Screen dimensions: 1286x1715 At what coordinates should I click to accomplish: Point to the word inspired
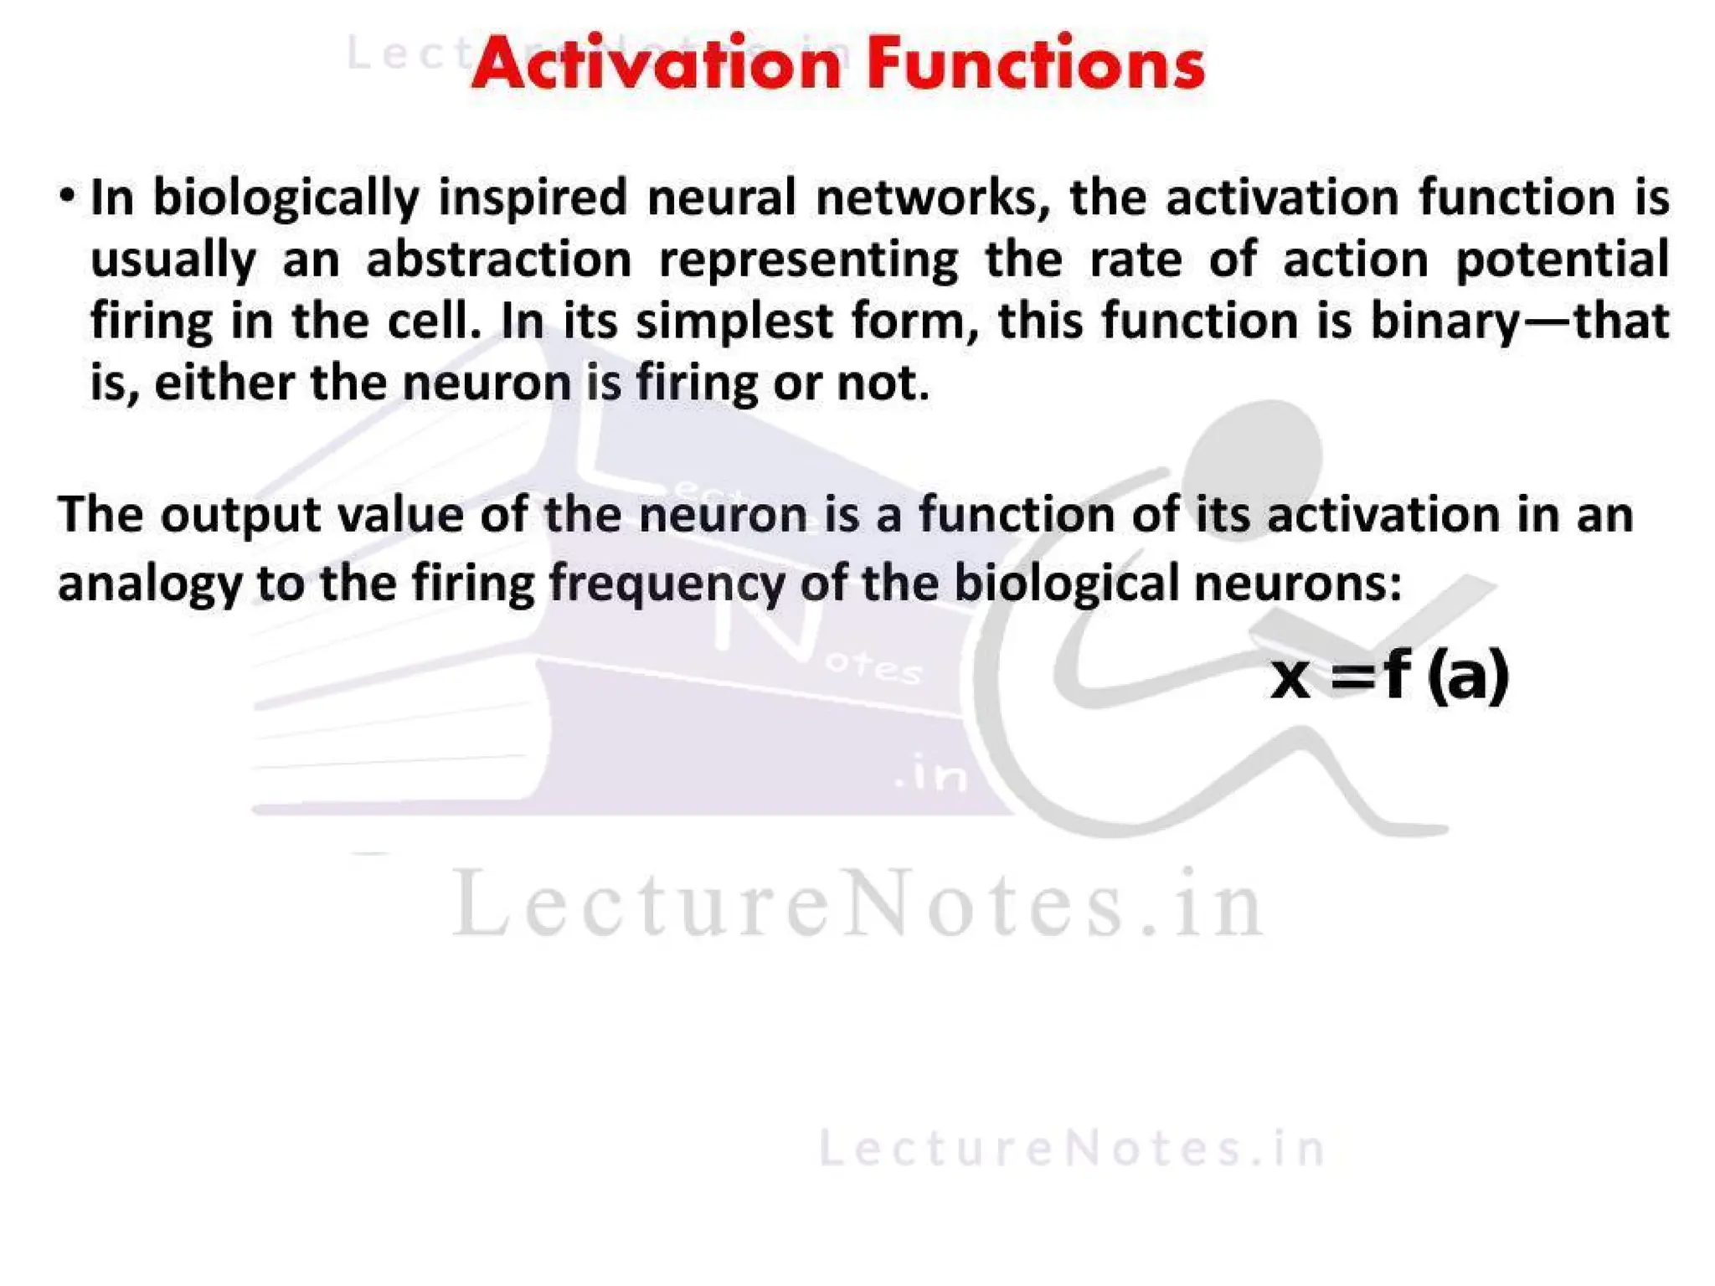coord(532,198)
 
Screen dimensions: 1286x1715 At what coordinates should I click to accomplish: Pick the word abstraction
coord(499,260)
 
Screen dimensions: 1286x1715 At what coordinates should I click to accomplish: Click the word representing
coord(808,260)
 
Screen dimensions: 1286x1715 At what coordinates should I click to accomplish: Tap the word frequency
coord(667,584)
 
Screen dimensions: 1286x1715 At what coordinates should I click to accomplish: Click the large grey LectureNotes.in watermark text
coord(857,904)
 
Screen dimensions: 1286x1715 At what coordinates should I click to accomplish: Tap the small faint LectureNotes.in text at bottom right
coord(1072,1148)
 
